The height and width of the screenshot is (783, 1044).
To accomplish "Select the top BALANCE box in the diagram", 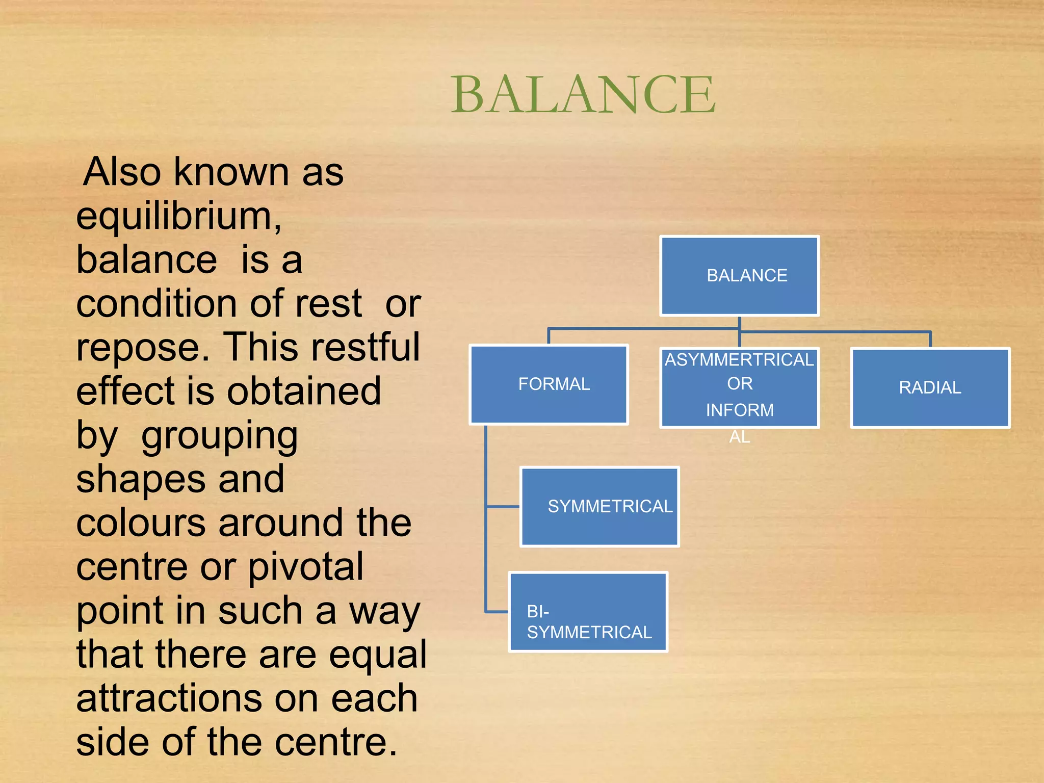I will (x=739, y=276).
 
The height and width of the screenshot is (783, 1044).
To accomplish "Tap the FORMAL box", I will (x=549, y=384).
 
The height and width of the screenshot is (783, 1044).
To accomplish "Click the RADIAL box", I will (x=930, y=387).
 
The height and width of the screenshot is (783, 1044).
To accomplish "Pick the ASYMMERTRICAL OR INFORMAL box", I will (x=739, y=387).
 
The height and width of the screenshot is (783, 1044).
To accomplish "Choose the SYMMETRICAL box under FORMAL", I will (x=599, y=507).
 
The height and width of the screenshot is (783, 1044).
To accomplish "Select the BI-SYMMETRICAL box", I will (x=588, y=612).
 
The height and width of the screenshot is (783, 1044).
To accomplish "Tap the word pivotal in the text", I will (x=306, y=567).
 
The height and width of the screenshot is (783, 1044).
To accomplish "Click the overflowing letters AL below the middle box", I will (x=739, y=437).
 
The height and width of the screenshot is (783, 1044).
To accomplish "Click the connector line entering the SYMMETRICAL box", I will (x=503, y=507).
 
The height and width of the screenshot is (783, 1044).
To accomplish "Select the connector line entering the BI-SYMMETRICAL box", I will (x=497, y=611).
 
